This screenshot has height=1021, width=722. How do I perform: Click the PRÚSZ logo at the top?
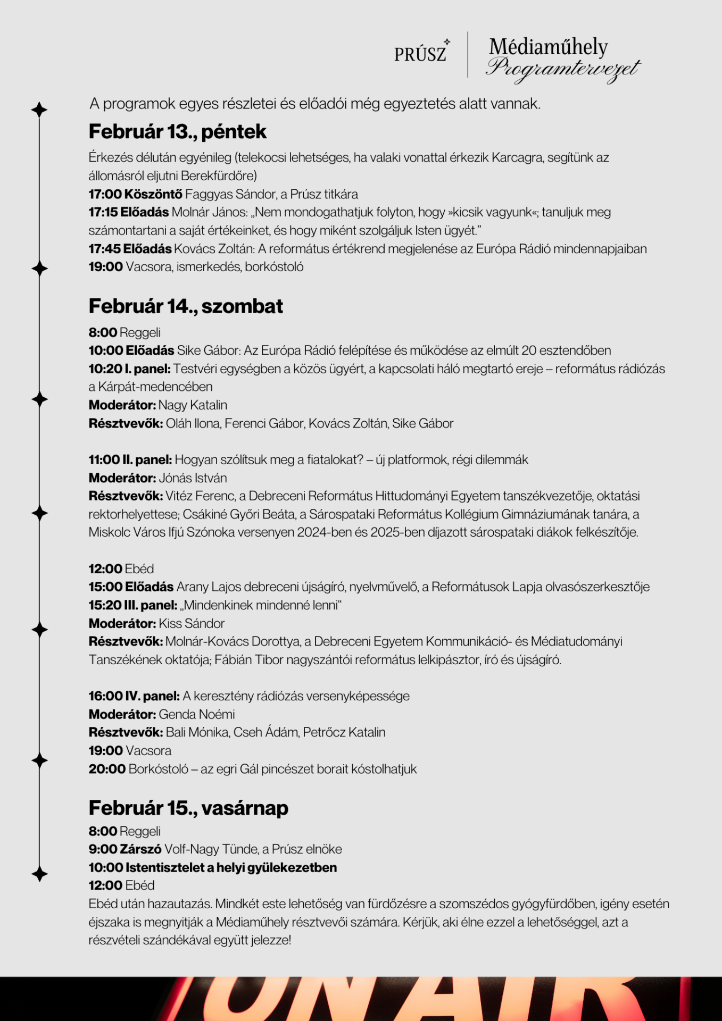point(421,53)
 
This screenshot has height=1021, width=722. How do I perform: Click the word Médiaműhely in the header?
point(548,47)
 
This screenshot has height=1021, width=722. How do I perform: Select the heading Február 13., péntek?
point(177,131)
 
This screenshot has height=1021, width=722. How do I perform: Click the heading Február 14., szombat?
point(186,306)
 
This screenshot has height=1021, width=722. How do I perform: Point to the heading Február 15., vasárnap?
point(188,808)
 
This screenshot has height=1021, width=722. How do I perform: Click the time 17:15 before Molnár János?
point(103,212)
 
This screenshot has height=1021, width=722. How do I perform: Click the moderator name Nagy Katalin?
point(193,405)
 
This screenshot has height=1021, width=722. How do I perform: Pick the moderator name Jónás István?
point(193,478)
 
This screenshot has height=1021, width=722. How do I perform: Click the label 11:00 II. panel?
point(130,459)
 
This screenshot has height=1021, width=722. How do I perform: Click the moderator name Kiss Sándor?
point(192,623)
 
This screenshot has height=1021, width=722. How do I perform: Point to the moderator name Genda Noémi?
point(197,714)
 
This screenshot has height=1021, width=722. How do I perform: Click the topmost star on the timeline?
point(39,110)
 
